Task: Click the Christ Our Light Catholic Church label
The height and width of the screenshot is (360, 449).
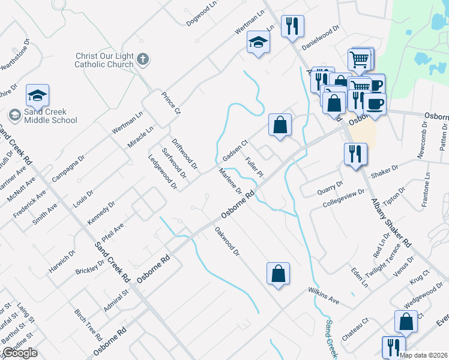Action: pos(104,60)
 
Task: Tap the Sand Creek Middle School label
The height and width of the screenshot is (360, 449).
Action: pos(50,116)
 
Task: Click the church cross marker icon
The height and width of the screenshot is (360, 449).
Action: pos(142,59)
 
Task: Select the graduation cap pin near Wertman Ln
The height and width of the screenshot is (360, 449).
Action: pos(258,42)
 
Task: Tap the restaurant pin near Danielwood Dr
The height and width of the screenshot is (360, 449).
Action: pos(292,26)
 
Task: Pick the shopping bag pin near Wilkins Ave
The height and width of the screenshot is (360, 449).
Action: pos(279,274)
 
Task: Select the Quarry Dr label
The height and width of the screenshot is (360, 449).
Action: pos(330,188)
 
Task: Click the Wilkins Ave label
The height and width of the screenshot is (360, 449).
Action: pos(324,295)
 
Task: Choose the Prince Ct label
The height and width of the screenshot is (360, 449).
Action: pos(170,103)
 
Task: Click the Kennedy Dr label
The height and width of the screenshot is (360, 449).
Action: pos(101,212)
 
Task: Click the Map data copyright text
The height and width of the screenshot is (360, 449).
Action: pos(423,355)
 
